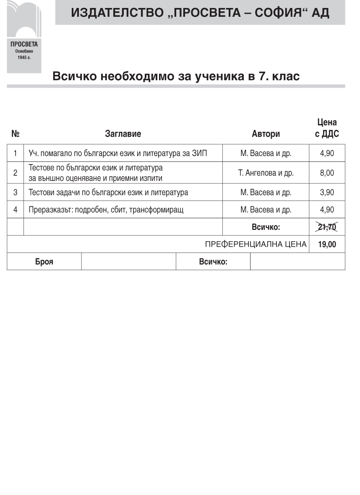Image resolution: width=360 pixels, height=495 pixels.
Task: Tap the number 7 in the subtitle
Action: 258,77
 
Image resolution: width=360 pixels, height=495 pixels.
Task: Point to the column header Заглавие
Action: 123,134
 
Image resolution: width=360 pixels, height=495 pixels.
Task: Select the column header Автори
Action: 266,134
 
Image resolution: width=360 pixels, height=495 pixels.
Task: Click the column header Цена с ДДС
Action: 327,128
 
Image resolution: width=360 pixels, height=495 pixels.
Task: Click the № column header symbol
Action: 16,134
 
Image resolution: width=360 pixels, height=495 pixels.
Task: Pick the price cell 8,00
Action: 327,173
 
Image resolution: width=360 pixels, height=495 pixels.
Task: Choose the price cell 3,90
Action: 327,193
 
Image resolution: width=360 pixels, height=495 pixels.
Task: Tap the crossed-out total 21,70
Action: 327,227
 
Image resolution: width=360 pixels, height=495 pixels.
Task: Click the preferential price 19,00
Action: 327,244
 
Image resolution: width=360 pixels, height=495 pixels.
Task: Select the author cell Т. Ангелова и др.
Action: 266,173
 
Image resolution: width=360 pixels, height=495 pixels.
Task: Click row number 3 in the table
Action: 16,193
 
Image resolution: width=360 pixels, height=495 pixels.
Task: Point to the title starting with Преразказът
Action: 106,210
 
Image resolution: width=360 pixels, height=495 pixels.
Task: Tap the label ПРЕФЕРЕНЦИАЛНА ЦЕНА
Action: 256,244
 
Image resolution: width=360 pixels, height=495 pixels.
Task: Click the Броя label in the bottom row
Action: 44,262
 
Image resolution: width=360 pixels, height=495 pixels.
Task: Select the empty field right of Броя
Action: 128,262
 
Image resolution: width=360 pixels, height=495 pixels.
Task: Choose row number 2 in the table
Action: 16,173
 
